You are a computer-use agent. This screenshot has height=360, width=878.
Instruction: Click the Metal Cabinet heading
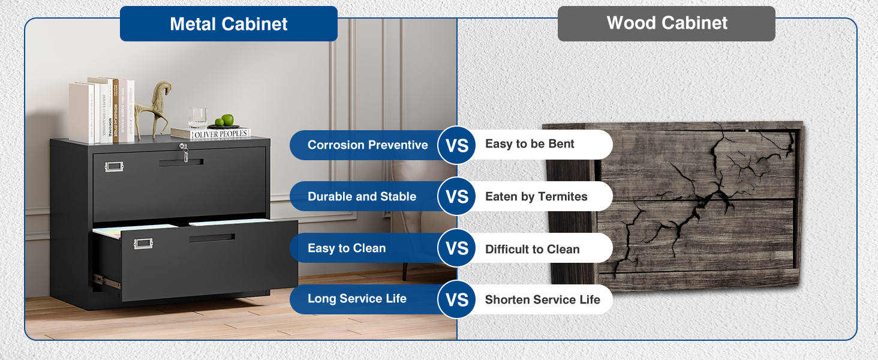[228, 24]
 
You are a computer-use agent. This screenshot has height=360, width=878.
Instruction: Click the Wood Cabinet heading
[666, 23]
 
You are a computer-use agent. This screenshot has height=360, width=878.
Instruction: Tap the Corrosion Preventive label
[367, 145]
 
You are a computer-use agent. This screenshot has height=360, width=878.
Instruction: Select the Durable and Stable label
[362, 197]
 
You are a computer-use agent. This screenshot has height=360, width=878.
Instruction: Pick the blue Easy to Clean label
[347, 248]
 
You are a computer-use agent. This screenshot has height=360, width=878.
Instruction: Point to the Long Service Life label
[357, 299]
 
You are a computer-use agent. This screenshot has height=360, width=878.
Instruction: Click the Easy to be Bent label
[530, 144]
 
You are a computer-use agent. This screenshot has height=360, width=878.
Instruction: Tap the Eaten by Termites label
[536, 197]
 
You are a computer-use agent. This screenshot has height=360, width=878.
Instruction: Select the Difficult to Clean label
[532, 249]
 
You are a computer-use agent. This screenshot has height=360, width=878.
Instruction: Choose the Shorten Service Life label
[542, 299]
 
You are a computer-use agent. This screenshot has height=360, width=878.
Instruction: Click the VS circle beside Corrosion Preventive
[457, 145]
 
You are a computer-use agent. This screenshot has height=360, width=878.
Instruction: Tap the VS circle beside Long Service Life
[457, 299]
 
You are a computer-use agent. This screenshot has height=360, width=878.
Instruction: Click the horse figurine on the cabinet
[154, 108]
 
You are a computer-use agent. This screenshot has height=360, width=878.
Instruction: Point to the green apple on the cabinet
[227, 121]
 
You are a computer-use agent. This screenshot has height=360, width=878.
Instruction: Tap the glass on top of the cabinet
[197, 118]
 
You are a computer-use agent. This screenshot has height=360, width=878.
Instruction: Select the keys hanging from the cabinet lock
[185, 155]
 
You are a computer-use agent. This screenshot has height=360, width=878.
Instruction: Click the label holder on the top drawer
[113, 166]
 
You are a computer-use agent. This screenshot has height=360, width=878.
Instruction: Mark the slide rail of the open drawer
[106, 280]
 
